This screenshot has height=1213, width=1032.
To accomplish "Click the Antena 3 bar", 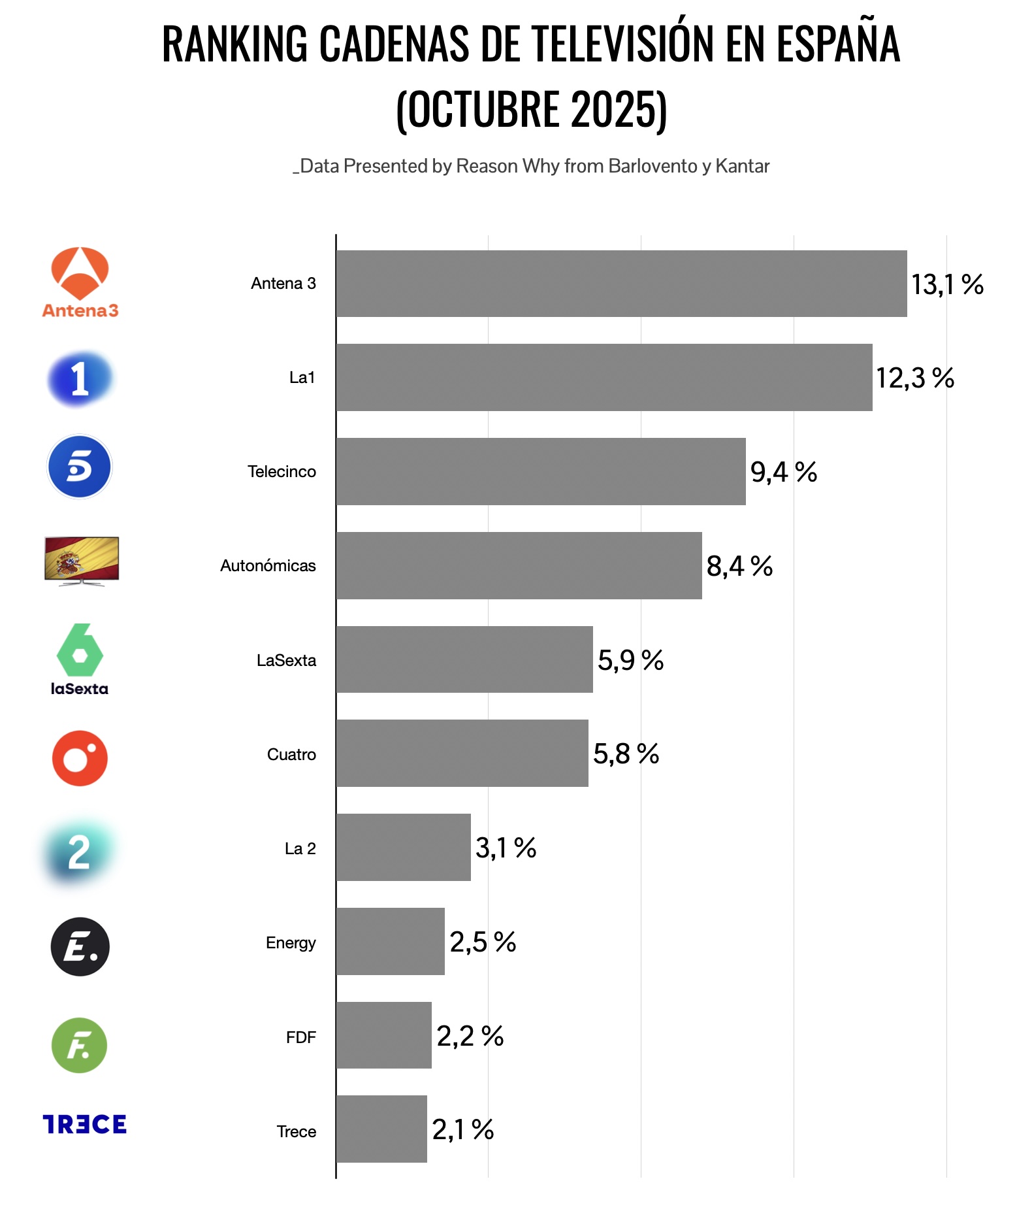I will click(x=621, y=284).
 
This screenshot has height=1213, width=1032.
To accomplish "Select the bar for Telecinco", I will click(x=541, y=471).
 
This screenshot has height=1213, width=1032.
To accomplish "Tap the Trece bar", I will click(x=381, y=1129).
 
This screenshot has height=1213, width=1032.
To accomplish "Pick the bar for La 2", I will click(x=404, y=847).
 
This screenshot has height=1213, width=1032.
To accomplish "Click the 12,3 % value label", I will click(x=914, y=378).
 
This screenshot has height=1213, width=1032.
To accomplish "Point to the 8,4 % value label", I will click(x=739, y=566).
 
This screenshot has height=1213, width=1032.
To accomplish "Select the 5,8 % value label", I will click(x=626, y=754).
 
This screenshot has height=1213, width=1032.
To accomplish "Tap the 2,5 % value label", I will click(x=483, y=942).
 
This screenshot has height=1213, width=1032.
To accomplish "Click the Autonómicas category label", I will click(x=268, y=566).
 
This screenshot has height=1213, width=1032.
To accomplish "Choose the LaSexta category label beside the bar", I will click(x=286, y=660).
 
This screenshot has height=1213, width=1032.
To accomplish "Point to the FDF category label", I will click(x=300, y=1037).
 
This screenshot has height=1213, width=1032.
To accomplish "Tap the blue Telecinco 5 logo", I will click(x=80, y=467).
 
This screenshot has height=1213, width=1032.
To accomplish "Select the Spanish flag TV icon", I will click(x=82, y=560).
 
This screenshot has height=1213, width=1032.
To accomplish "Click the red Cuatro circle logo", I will click(x=80, y=758).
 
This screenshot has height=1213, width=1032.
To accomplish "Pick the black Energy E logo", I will click(x=80, y=946).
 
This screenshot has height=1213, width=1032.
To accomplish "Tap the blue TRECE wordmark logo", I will click(x=85, y=1124).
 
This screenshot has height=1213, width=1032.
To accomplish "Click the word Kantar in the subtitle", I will click(x=742, y=166).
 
